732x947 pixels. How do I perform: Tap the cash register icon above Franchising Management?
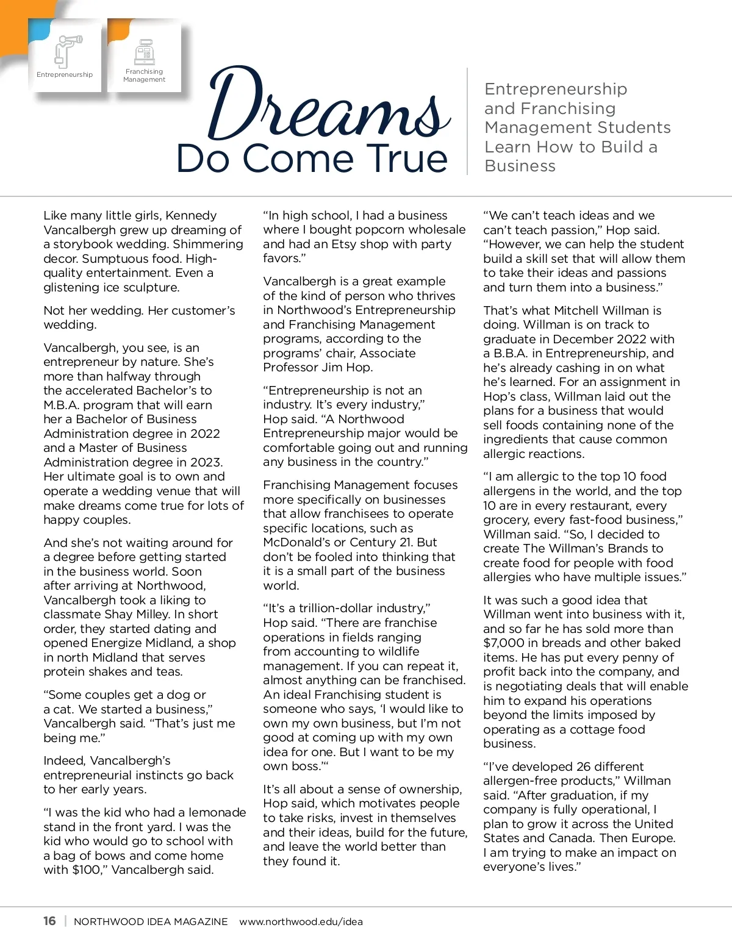coord(145,52)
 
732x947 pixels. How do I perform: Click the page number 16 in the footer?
coord(49,921)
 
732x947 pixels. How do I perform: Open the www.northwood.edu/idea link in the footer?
coord(301,921)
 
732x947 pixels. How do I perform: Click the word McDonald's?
coord(296,543)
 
